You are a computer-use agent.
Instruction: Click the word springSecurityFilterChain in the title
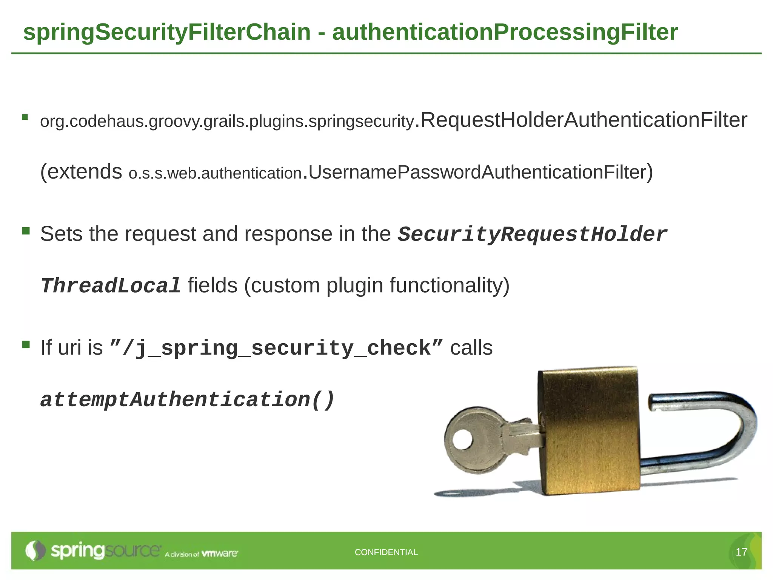(x=166, y=32)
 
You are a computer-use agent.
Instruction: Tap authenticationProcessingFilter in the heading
(x=505, y=32)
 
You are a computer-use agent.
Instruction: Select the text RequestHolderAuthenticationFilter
(x=584, y=120)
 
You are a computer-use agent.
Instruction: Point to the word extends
(x=85, y=172)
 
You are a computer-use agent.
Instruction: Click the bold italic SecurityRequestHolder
(x=532, y=234)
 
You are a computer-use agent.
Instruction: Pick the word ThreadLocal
(x=111, y=286)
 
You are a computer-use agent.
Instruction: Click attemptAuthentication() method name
(x=187, y=400)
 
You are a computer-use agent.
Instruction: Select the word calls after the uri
(x=471, y=348)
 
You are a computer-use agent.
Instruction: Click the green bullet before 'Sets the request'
(x=26, y=231)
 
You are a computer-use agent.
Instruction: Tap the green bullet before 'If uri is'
(x=26, y=344)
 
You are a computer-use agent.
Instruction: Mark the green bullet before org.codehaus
(x=25, y=117)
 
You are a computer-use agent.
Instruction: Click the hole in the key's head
(x=463, y=440)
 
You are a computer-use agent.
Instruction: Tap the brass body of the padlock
(x=589, y=430)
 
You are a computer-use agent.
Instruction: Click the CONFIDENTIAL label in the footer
(x=386, y=552)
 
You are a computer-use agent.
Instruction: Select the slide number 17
(x=741, y=552)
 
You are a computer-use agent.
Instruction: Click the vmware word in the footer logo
(x=219, y=554)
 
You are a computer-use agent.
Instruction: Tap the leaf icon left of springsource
(x=35, y=551)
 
